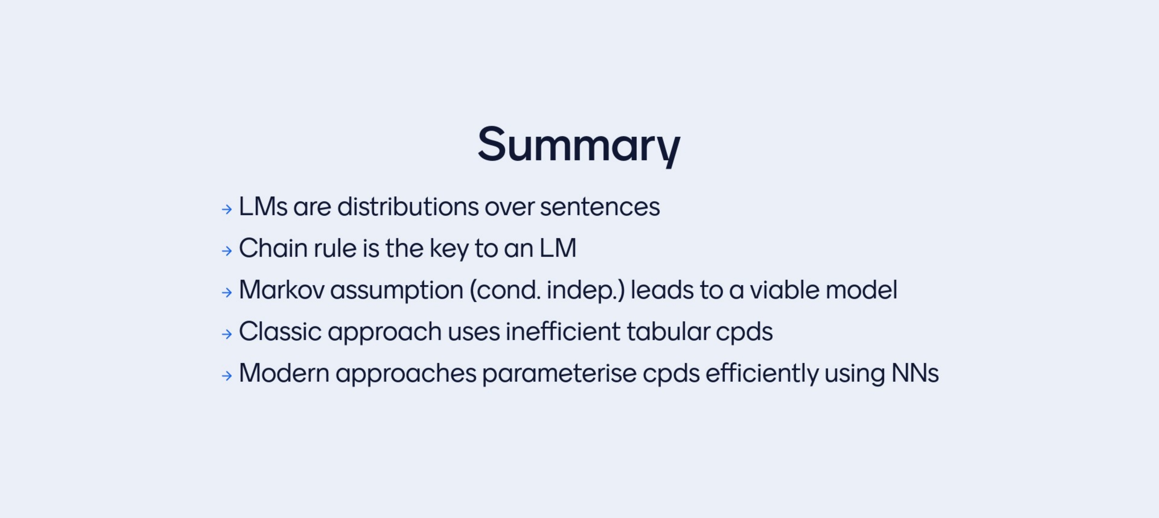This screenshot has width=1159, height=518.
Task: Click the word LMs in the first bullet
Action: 263,207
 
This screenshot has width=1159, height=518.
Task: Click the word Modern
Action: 284,373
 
